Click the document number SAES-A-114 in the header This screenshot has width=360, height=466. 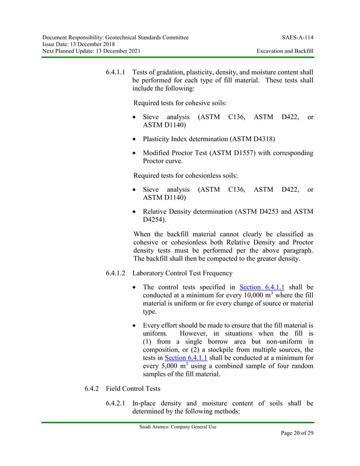pyautogui.click(x=297, y=37)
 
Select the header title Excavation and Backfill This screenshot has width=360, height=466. pyautogui.click(x=285, y=51)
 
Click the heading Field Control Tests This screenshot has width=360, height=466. pyautogui.click(x=138, y=389)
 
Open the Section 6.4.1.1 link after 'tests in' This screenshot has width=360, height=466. pyautogui.click(x=185, y=357)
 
